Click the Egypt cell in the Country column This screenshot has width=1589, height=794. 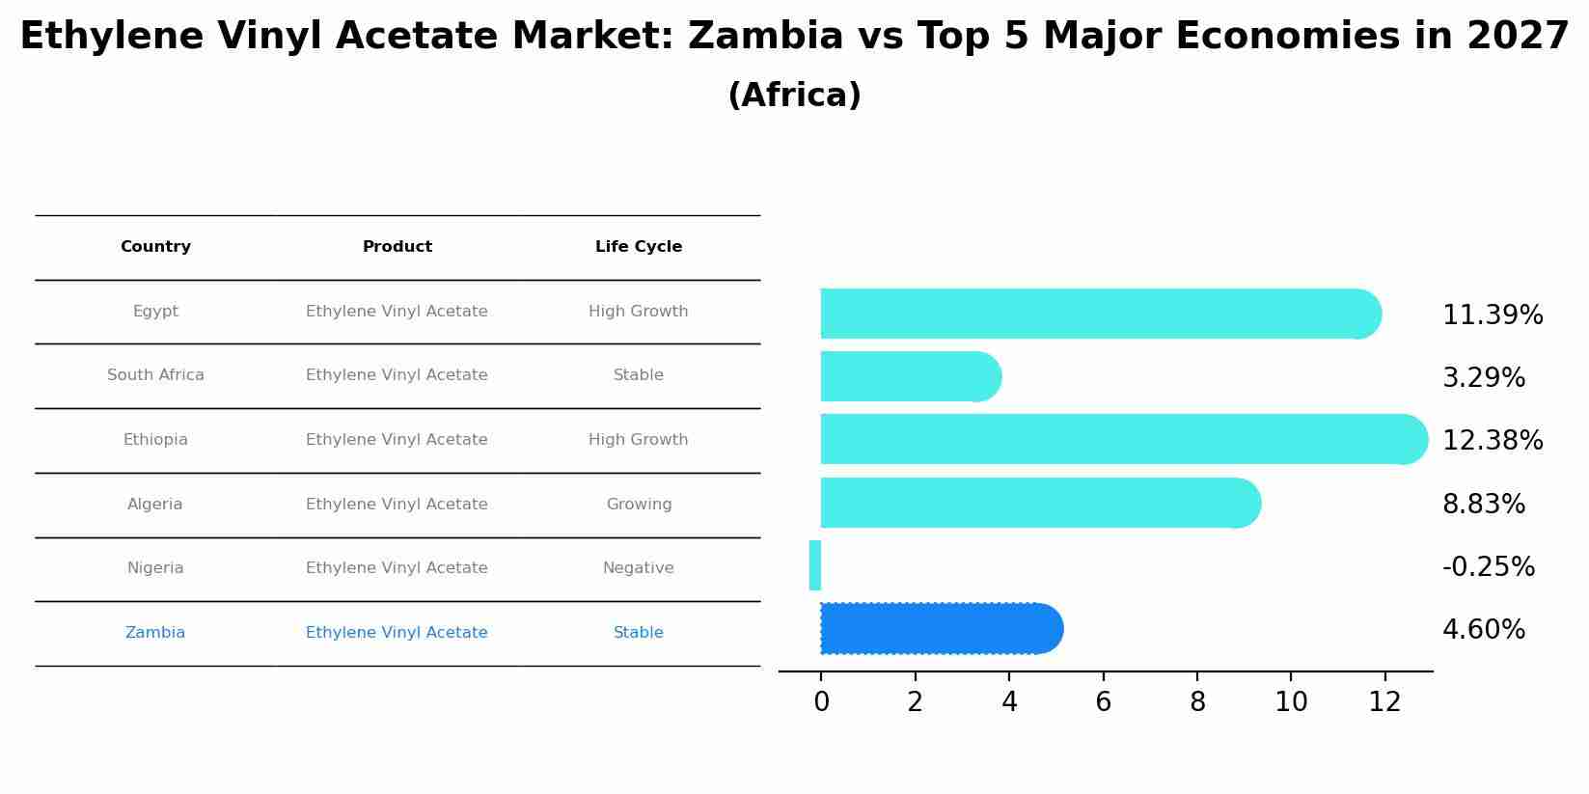pyautogui.click(x=155, y=312)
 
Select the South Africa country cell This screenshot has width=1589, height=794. pyautogui.click(x=155, y=375)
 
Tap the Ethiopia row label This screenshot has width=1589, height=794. pyautogui.click(x=155, y=440)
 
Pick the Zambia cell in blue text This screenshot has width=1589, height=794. pyautogui.click(x=155, y=633)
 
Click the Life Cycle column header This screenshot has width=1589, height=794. pyautogui.click(x=639, y=247)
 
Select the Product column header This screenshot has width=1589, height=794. pyautogui.click(x=397, y=247)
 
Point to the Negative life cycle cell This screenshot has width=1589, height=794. pyautogui.click(x=639, y=568)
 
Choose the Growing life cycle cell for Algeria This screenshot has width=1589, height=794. pyautogui.click(x=639, y=505)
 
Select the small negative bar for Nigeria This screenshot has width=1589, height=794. pyautogui.click(x=815, y=565)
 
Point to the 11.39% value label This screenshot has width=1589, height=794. pyautogui.click(x=1493, y=315)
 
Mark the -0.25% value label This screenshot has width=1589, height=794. pyautogui.click(x=1488, y=567)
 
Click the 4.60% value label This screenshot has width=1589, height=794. pyautogui.click(x=1484, y=630)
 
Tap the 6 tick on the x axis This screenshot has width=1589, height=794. pyautogui.click(x=1103, y=702)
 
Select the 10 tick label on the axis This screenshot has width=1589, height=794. pyautogui.click(x=1291, y=702)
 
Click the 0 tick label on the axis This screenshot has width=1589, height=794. pyautogui.click(x=821, y=702)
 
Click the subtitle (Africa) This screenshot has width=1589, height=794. pyautogui.click(x=794, y=96)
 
